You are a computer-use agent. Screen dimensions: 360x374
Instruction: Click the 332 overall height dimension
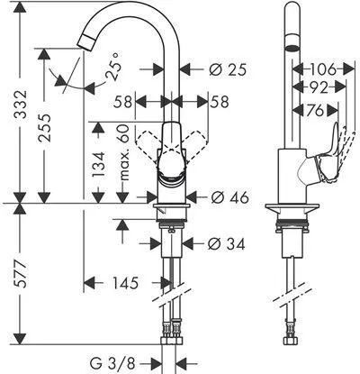point(21,104)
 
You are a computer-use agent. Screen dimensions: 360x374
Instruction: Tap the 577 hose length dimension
point(21,274)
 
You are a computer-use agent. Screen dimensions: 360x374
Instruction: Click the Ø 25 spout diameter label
point(228,70)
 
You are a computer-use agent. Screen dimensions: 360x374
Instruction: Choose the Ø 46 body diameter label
point(229,197)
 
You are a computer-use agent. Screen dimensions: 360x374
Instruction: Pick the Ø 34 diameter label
point(226,244)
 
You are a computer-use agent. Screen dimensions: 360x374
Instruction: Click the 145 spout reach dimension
point(125,283)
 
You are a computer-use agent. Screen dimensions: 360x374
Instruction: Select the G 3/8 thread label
point(112,363)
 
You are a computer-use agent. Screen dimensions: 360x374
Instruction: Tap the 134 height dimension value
point(99,164)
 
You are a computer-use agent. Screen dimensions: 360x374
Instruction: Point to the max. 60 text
point(123,152)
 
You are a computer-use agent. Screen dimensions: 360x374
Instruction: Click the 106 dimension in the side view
point(323,70)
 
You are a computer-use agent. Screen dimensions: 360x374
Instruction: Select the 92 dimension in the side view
point(318,87)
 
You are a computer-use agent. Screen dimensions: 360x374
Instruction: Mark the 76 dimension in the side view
point(315,110)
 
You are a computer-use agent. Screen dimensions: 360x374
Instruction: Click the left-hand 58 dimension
point(122,102)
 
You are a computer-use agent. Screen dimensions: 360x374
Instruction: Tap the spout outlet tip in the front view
point(86,41)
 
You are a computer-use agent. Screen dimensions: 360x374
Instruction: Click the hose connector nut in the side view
point(291,341)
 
